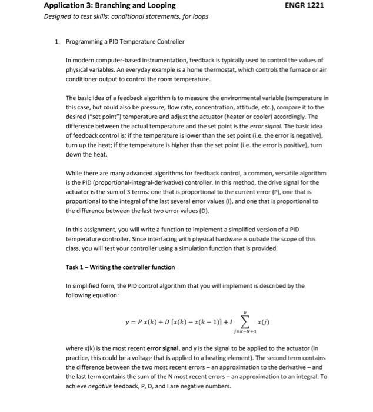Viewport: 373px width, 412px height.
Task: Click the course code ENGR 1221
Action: [304, 5]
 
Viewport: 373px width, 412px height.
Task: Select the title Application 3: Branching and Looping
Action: [110, 5]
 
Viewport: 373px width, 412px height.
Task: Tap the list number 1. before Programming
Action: [57, 41]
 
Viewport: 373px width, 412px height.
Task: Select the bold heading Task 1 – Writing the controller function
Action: [120, 267]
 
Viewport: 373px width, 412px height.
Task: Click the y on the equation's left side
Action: [127, 323]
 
